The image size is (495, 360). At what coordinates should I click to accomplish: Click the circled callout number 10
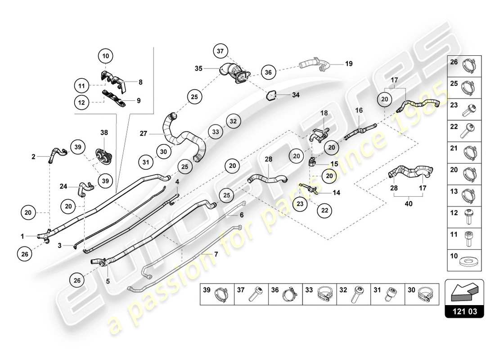(106, 56)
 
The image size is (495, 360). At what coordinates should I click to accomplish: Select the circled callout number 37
(220, 52)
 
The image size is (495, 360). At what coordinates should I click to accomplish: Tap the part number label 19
(348, 64)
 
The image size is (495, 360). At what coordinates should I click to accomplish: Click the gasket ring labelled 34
(271, 95)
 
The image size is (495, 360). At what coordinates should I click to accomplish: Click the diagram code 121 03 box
(464, 310)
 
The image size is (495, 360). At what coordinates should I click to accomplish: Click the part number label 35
(199, 69)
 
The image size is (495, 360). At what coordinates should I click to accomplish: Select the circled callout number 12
(81, 102)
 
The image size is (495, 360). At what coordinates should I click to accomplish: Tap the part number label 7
(216, 254)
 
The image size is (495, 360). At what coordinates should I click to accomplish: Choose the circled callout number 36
(268, 72)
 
